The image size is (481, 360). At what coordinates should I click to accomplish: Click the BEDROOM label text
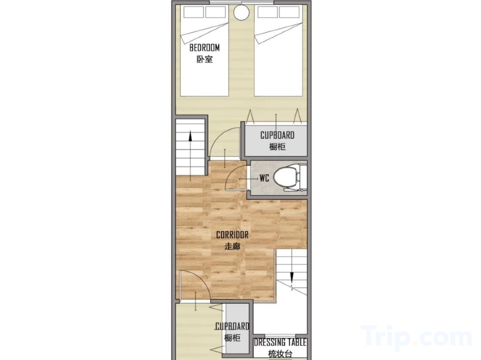coord(204,48)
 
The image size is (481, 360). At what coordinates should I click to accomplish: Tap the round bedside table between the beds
coord(241,12)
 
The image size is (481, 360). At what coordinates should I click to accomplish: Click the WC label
coord(264,178)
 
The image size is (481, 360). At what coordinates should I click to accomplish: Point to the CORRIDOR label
coord(232,235)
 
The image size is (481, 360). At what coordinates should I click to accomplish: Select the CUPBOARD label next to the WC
coord(277,135)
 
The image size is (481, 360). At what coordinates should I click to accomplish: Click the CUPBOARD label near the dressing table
coord(232,326)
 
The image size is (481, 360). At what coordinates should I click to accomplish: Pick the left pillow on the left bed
coord(194,12)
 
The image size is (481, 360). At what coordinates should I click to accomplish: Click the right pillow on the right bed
coord(289,12)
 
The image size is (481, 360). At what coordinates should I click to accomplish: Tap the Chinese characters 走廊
coord(232,246)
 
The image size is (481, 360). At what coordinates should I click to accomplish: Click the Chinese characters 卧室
coord(204,59)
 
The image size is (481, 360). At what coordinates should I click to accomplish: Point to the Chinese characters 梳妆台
coord(281,354)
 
